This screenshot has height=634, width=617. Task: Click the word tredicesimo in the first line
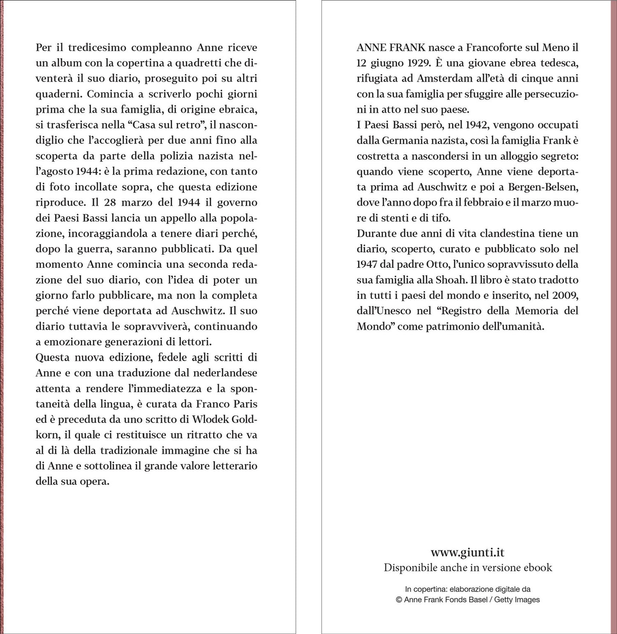click(x=91, y=47)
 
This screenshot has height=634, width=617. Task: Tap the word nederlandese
click(x=225, y=373)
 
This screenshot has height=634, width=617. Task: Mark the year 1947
click(x=367, y=264)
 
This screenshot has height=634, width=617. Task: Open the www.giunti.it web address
click(x=468, y=552)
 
